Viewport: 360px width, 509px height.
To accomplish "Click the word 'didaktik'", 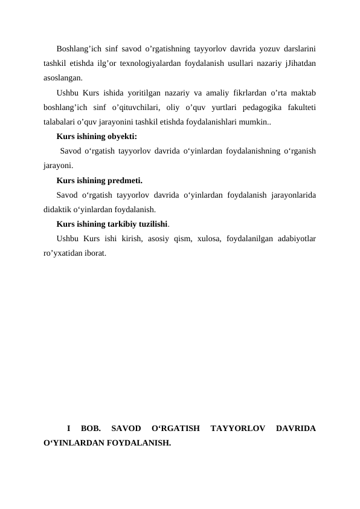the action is pyautogui.click(x=58, y=210).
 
